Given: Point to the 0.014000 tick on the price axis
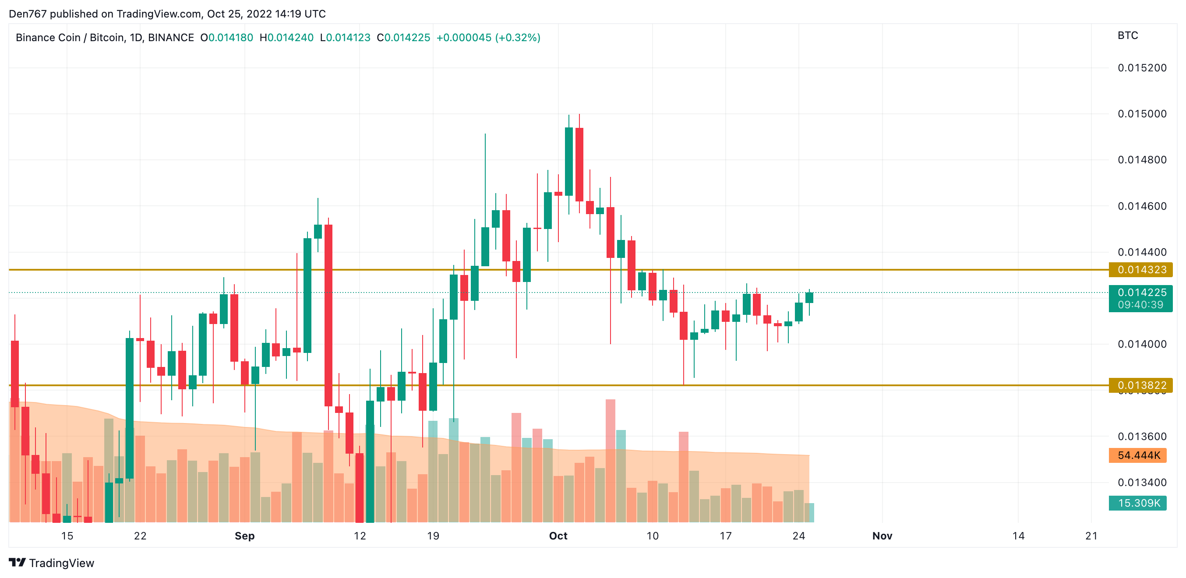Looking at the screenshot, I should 1141,344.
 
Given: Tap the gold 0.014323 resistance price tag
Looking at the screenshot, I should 1140,270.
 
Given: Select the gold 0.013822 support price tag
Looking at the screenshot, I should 1140,385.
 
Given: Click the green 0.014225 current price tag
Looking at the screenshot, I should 1140,293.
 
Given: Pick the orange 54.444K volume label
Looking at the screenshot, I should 1138,455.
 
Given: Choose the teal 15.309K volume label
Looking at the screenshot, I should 1138,503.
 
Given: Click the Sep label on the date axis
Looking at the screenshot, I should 244,536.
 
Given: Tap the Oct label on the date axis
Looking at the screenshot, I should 558,536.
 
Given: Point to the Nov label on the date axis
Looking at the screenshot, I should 882,536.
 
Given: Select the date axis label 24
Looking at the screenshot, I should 799,536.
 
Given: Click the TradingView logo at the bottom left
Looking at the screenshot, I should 52,563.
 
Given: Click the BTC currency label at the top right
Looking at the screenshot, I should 1127,35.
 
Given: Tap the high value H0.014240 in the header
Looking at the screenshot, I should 286,38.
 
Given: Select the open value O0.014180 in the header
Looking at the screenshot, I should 226,38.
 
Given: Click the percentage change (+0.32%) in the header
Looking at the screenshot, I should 518,38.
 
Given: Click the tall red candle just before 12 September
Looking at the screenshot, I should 328,315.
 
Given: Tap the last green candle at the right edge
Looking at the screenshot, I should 809,298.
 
